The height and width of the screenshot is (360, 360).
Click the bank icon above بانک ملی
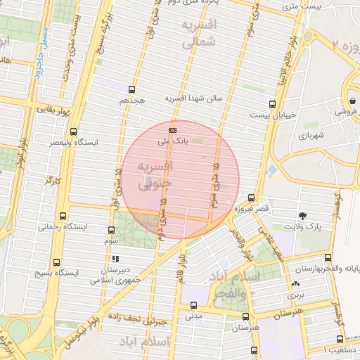[x=173, y=130]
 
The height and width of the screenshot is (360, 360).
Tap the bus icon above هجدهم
[x=131, y=89]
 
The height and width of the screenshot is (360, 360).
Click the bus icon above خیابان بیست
[x=272, y=104]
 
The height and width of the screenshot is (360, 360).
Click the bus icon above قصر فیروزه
[x=251, y=198]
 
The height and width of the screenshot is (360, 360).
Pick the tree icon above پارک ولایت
[x=302, y=215]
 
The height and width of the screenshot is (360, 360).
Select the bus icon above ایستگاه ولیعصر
[x=74, y=131]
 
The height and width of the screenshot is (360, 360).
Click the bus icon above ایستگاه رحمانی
[x=64, y=216]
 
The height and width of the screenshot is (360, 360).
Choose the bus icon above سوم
[x=112, y=230]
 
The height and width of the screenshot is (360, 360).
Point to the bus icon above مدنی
[x=193, y=305]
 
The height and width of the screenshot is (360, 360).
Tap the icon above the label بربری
[x=294, y=284]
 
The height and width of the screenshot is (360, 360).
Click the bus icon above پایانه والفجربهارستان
[x=327, y=257]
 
